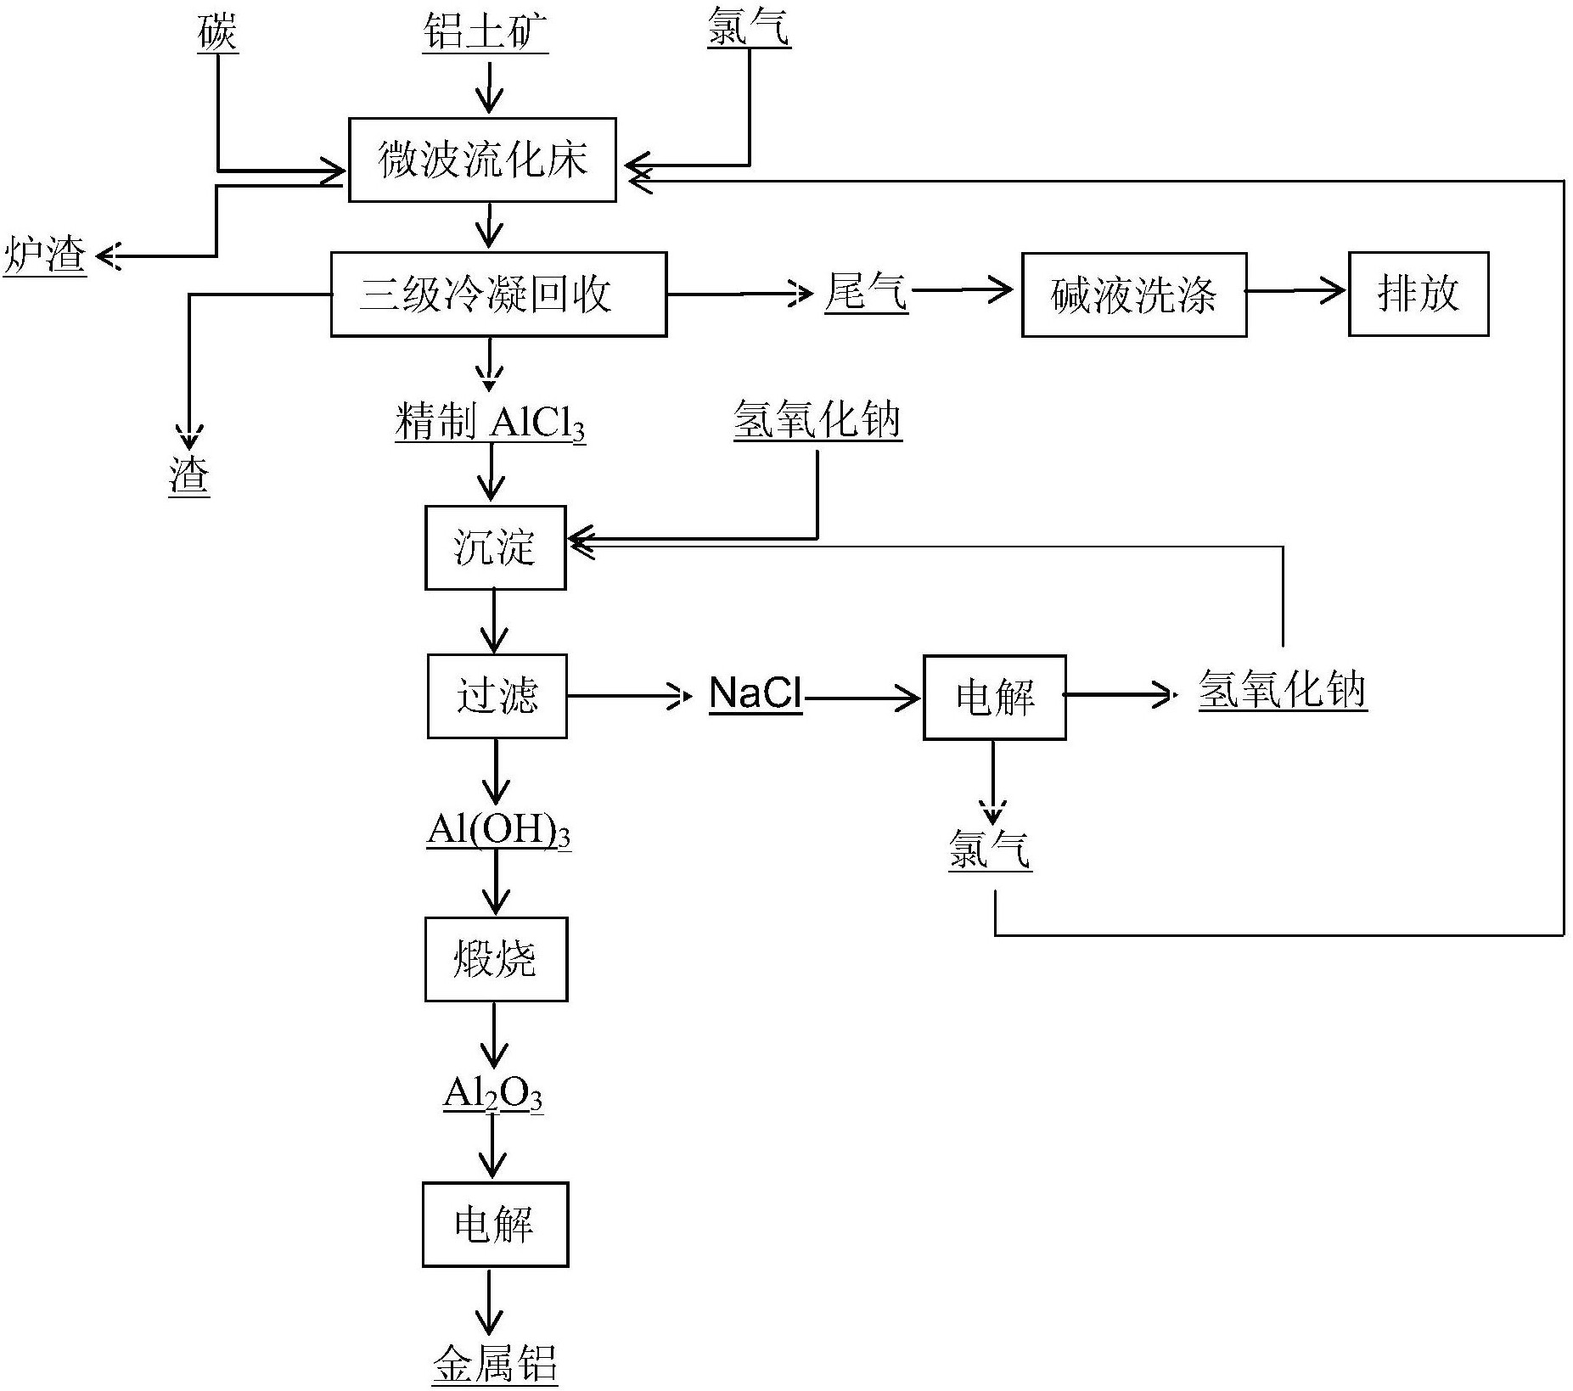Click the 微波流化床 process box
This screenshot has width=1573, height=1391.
click(x=482, y=160)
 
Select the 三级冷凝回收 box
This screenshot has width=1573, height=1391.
click(x=498, y=294)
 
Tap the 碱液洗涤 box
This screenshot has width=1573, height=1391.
click(x=1133, y=294)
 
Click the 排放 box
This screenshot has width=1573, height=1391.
click(x=1418, y=294)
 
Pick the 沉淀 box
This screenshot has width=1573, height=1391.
click(x=495, y=547)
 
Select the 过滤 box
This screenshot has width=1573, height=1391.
click(x=497, y=696)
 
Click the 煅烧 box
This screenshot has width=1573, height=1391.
click(x=496, y=959)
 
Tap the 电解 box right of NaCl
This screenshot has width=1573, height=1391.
click(x=994, y=697)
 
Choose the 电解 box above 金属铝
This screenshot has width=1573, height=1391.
click(x=495, y=1224)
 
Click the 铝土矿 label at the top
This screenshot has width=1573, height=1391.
click(x=486, y=32)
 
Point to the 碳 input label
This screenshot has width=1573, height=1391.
click(x=217, y=32)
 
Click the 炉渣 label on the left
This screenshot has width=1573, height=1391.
click(x=45, y=255)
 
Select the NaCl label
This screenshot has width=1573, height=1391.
click(x=755, y=693)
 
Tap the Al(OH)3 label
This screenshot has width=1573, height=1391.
click(x=498, y=829)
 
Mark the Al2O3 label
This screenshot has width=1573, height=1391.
click(x=492, y=1094)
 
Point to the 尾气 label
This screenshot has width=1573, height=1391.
click(x=866, y=292)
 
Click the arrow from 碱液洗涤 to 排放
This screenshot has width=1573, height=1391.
click(x=1296, y=291)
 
